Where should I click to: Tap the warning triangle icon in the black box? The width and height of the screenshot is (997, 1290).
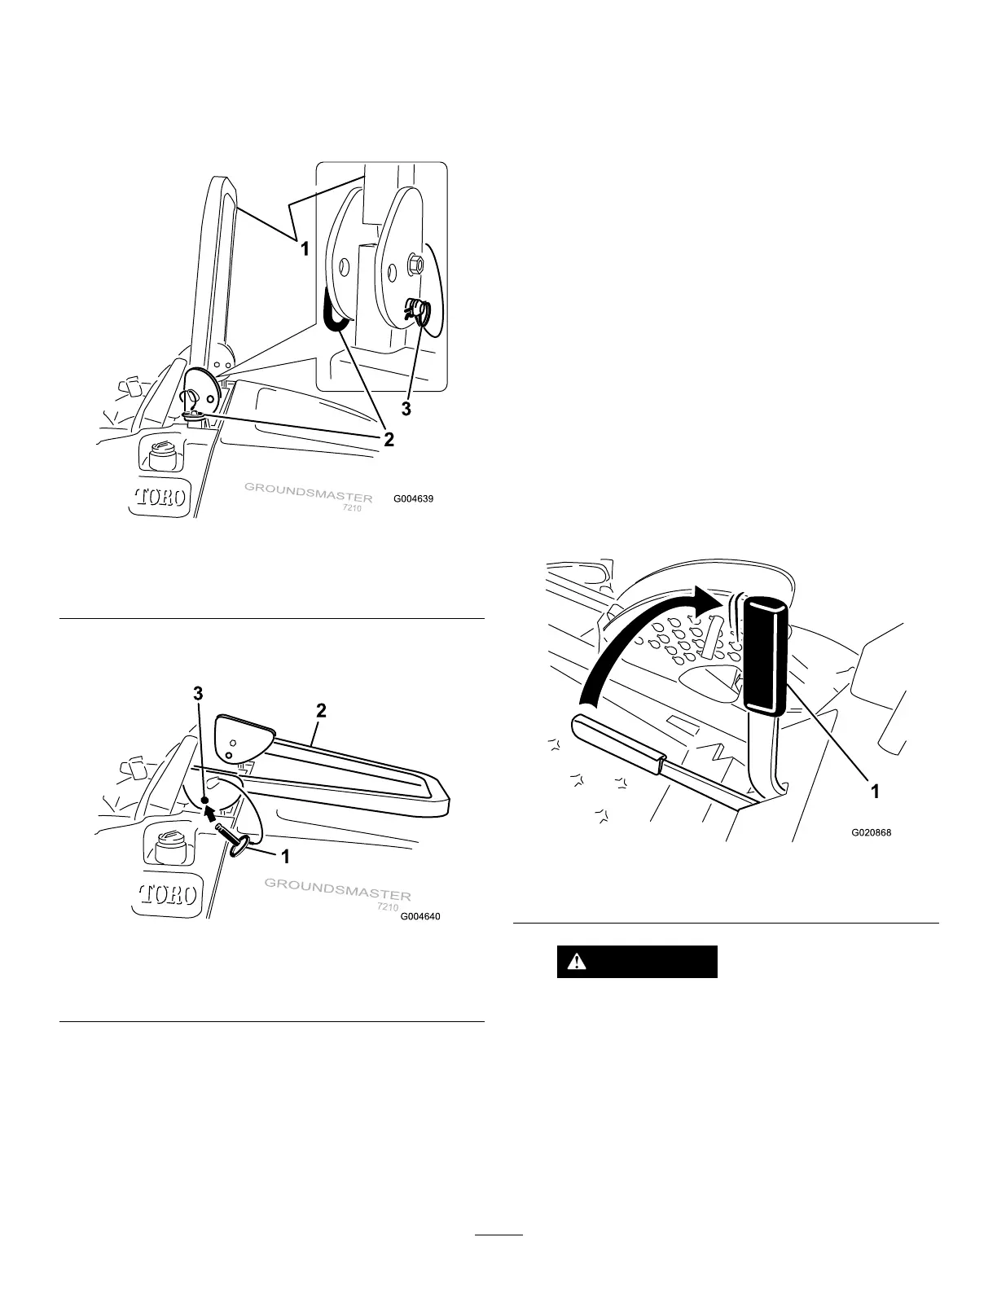577,962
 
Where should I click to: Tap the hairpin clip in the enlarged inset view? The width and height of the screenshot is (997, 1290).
419,311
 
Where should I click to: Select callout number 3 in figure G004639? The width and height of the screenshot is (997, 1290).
405,410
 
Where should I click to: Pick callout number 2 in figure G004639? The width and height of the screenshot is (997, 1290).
389,440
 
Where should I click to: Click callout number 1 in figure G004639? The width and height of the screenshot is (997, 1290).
305,250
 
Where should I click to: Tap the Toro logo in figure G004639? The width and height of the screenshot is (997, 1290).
160,497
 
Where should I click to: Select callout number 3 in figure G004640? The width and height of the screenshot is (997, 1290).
197,694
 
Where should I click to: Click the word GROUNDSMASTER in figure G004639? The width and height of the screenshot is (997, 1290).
309,493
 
